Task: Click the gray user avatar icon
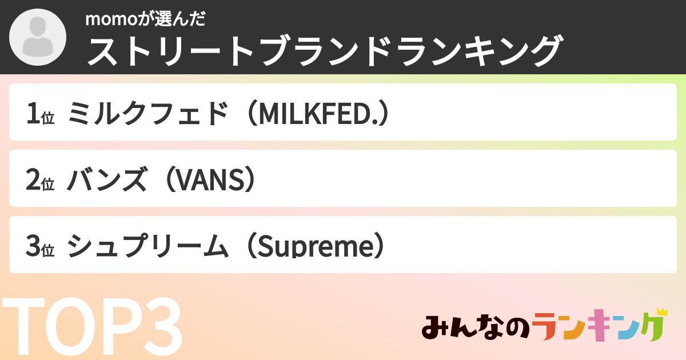pos(38,37)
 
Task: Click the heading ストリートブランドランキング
pos(323,51)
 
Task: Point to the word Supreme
pos(312,246)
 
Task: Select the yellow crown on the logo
pos(661,312)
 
